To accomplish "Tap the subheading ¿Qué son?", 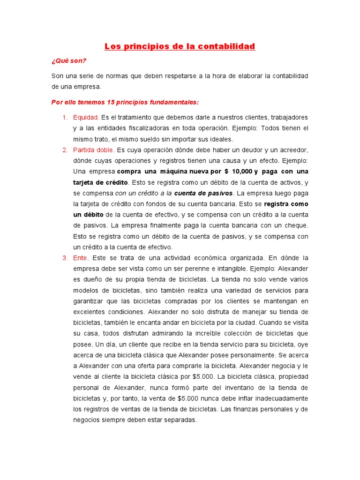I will (x=69, y=61).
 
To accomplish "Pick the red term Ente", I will (x=81, y=258).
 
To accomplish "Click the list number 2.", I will (x=65, y=150).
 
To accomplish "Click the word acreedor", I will (x=292, y=150).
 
